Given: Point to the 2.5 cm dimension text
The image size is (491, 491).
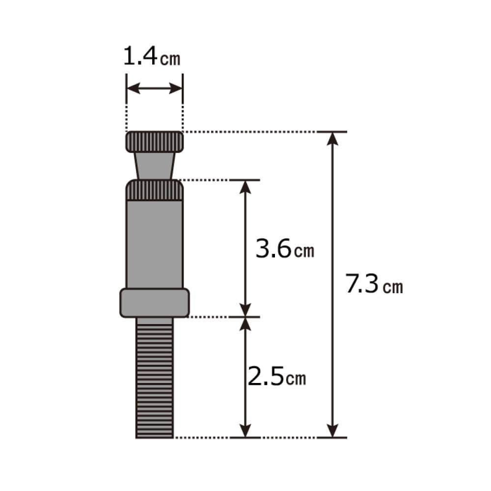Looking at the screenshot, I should click(276, 377).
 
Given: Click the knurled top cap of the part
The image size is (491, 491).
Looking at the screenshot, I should click(155, 142).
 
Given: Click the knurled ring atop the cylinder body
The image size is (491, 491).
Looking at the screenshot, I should click(155, 191).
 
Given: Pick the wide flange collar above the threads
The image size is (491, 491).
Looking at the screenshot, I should click(155, 303).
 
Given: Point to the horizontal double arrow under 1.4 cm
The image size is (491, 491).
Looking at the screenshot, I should click(155, 89).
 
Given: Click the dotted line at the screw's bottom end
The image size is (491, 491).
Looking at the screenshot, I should click(201, 437).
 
